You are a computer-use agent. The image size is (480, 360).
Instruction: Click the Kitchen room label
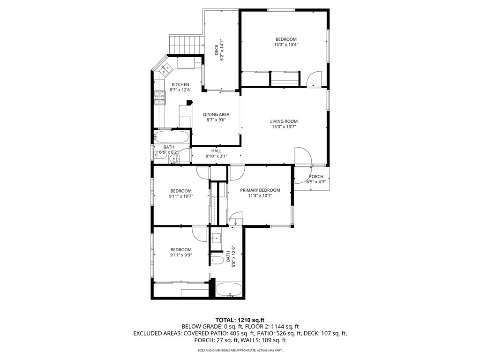(180, 84)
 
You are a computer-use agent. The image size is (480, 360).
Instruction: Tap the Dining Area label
(216, 114)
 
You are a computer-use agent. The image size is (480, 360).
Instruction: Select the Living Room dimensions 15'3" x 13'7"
(284, 127)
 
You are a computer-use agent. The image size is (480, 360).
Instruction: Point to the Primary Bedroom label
(260, 190)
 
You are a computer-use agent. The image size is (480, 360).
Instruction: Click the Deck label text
(217, 50)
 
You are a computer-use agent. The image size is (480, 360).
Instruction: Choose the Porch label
(316, 177)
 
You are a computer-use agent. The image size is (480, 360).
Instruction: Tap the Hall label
(217, 151)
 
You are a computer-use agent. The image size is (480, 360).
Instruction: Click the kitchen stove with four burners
(159, 98)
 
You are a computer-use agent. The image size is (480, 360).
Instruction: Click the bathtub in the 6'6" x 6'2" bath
(171, 136)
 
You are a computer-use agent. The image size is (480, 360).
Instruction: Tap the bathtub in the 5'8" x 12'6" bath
(229, 289)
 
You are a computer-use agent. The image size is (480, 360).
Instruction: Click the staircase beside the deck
(186, 45)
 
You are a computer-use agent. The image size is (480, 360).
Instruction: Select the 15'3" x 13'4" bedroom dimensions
(286, 45)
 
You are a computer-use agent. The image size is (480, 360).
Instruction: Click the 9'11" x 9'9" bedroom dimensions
(181, 255)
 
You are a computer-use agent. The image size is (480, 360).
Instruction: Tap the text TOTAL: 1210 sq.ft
(240, 321)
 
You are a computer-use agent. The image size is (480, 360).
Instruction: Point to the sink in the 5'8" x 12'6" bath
(217, 238)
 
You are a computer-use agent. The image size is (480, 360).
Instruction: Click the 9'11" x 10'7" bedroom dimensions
(181, 196)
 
